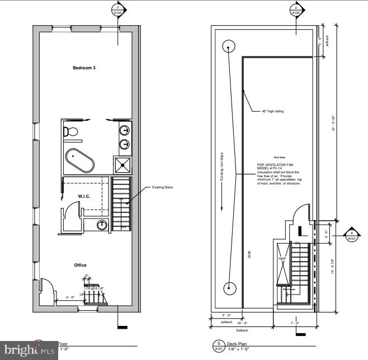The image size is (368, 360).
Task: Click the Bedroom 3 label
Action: click(x=84, y=68)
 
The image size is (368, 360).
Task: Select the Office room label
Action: click(x=81, y=265)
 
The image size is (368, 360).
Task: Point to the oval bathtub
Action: click(x=79, y=162)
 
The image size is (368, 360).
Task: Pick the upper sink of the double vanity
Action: click(x=124, y=131)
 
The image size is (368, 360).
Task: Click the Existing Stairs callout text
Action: click(x=162, y=187)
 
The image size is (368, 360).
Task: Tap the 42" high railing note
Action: click(x=272, y=111)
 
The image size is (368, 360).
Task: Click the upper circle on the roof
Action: click(x=229, y=46)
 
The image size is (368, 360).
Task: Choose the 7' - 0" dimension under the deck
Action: click(x=294, y=324)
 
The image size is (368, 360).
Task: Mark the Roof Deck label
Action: click(x=280, y=158)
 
